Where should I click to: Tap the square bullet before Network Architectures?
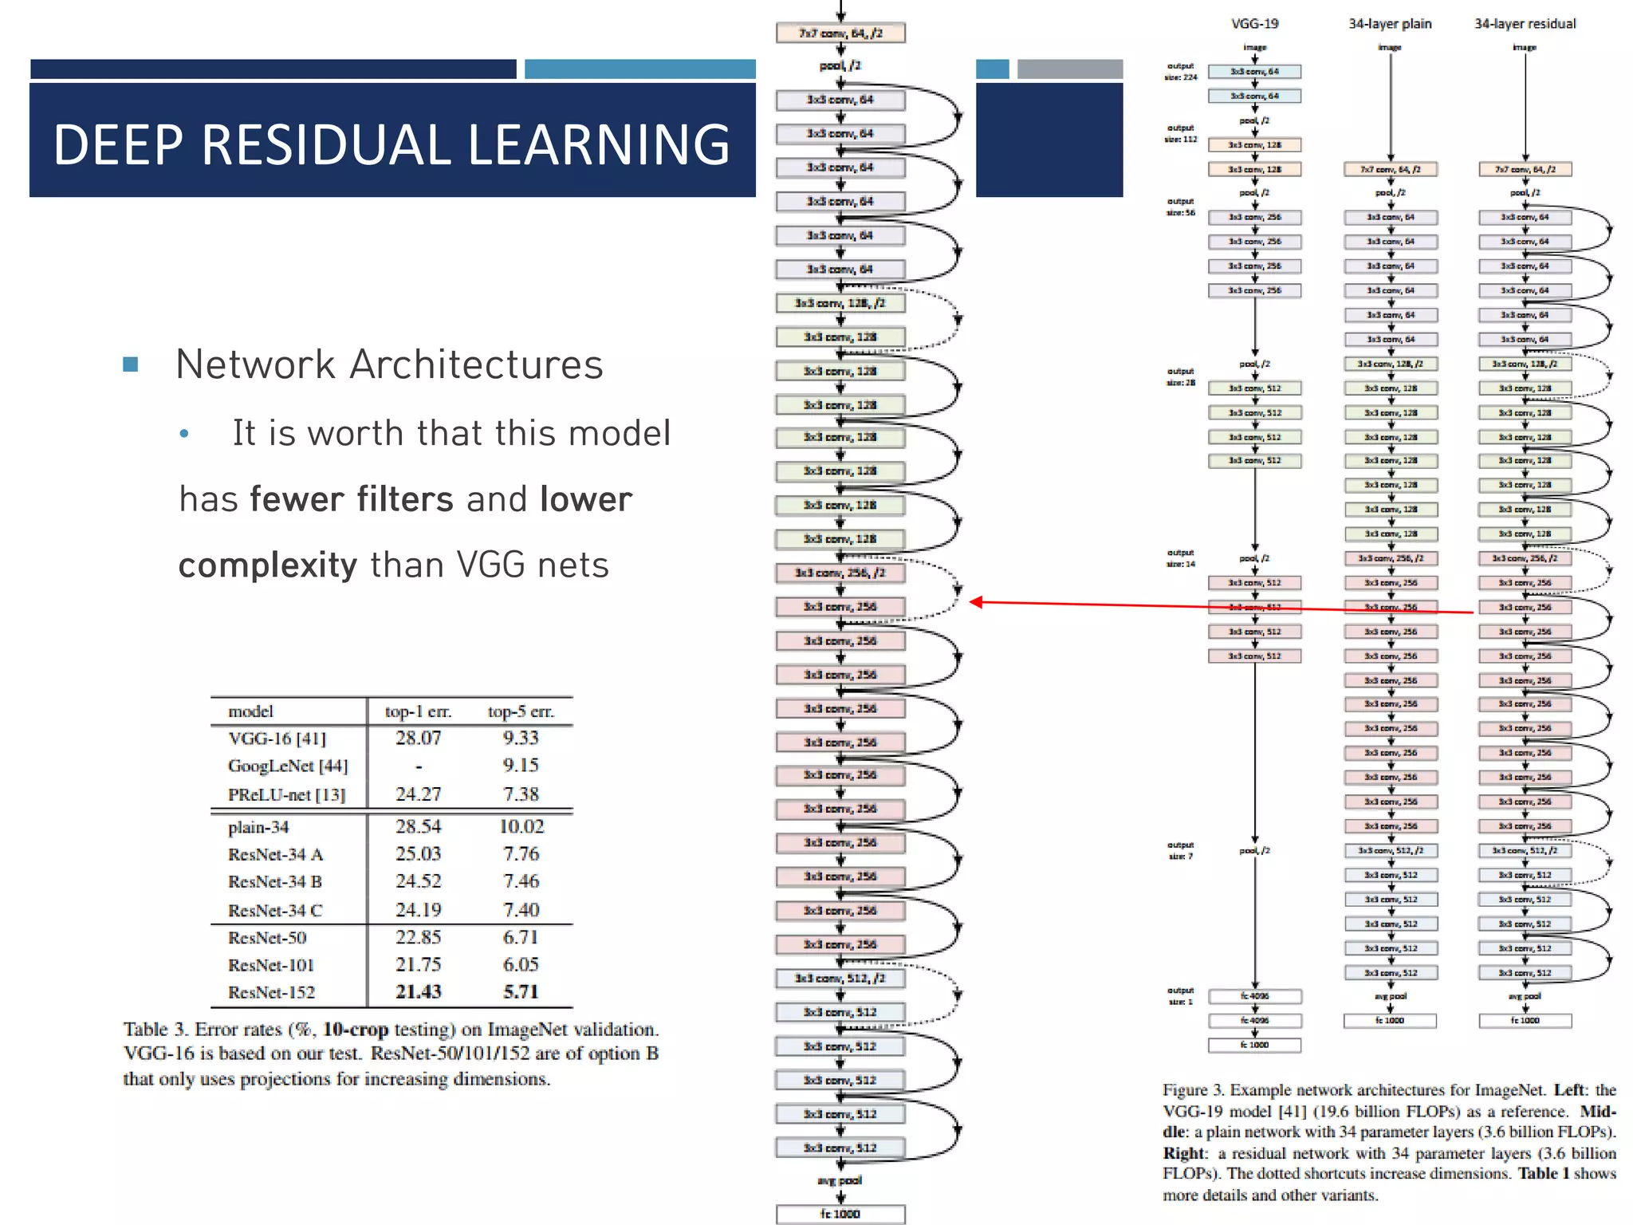point(131,365)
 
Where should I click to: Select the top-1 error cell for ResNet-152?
point(418,992)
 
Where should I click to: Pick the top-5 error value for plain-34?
point(521,827)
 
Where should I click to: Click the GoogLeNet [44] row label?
point(288,766)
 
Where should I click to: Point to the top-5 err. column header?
point(521,711)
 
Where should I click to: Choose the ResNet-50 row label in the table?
point(267,938)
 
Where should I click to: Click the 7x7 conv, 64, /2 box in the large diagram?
point(840,33)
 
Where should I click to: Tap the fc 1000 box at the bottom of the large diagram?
point(840,1214)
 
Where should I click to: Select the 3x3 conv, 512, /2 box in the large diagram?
point(840,979)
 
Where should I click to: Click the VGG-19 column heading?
point(1254,24)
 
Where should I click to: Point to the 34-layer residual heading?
point(1525,24)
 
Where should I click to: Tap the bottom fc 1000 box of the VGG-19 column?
point(1254,1045)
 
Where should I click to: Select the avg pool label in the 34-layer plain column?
point(1390,996)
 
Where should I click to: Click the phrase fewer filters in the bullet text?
point(352,500)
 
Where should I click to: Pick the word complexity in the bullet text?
point(268,565)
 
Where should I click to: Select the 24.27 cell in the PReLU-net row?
point(418,794)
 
